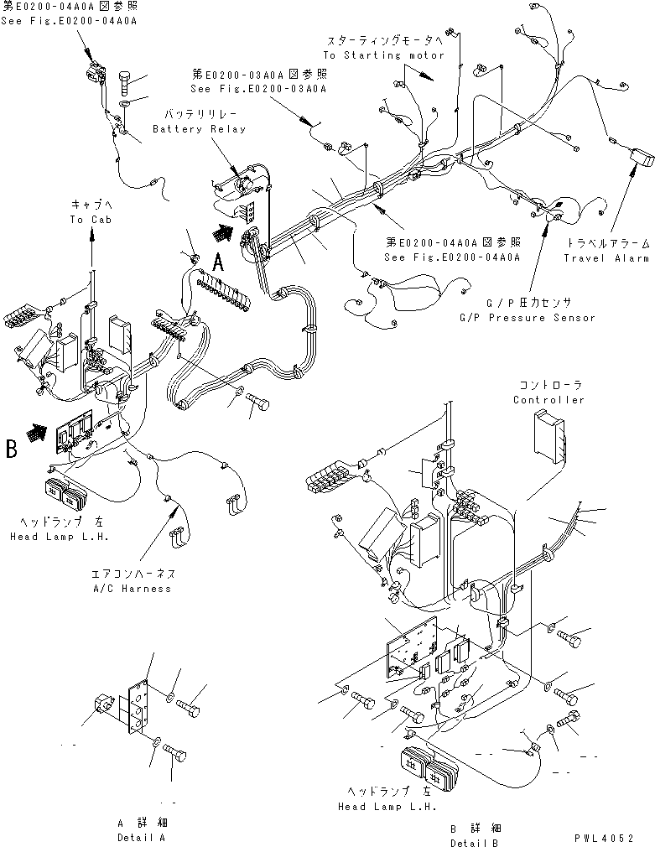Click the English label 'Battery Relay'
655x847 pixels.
pyautogui.click(x=199, y=129)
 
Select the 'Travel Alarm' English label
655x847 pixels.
pyautogui.click(x=606, y=258)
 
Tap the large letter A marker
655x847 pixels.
pyautogui.click(x=218, y=261)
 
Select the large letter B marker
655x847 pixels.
pyautogui.click(x=12, y=449)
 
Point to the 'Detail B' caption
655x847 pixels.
pyautogui.click(x=476, y=842)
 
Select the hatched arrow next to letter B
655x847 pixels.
pyautogui.click(x=34, y=433)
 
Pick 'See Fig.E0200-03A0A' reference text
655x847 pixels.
pyautogui.click(x=257, y=88)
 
